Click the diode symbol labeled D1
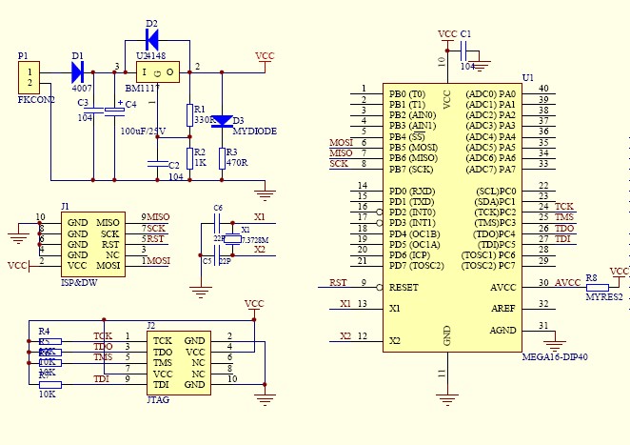click(x=78, y=71)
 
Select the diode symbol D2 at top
click(x=152, y=39)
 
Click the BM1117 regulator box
click(x=158, y=71)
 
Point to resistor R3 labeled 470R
click(x=222, y=158)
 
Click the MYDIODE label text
click(x=254, y=131)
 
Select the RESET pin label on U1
click(x=404, y=286)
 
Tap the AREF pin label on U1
click(x=502, y=307)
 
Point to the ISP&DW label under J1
click(x=79, y=282)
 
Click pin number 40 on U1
click(x=542, y=89)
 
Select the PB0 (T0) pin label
click(x=407, y=93)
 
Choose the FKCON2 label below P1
click(x=36, y=99)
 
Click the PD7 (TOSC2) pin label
click(x=416, y=264)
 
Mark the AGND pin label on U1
click(x=502, y=330)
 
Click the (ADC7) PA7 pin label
click(x=490, y=170)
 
